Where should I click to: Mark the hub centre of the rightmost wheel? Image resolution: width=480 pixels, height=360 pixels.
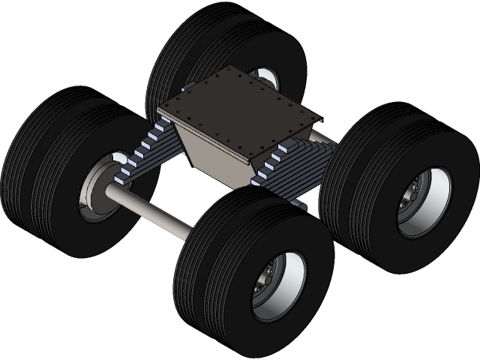coord(411,202)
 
